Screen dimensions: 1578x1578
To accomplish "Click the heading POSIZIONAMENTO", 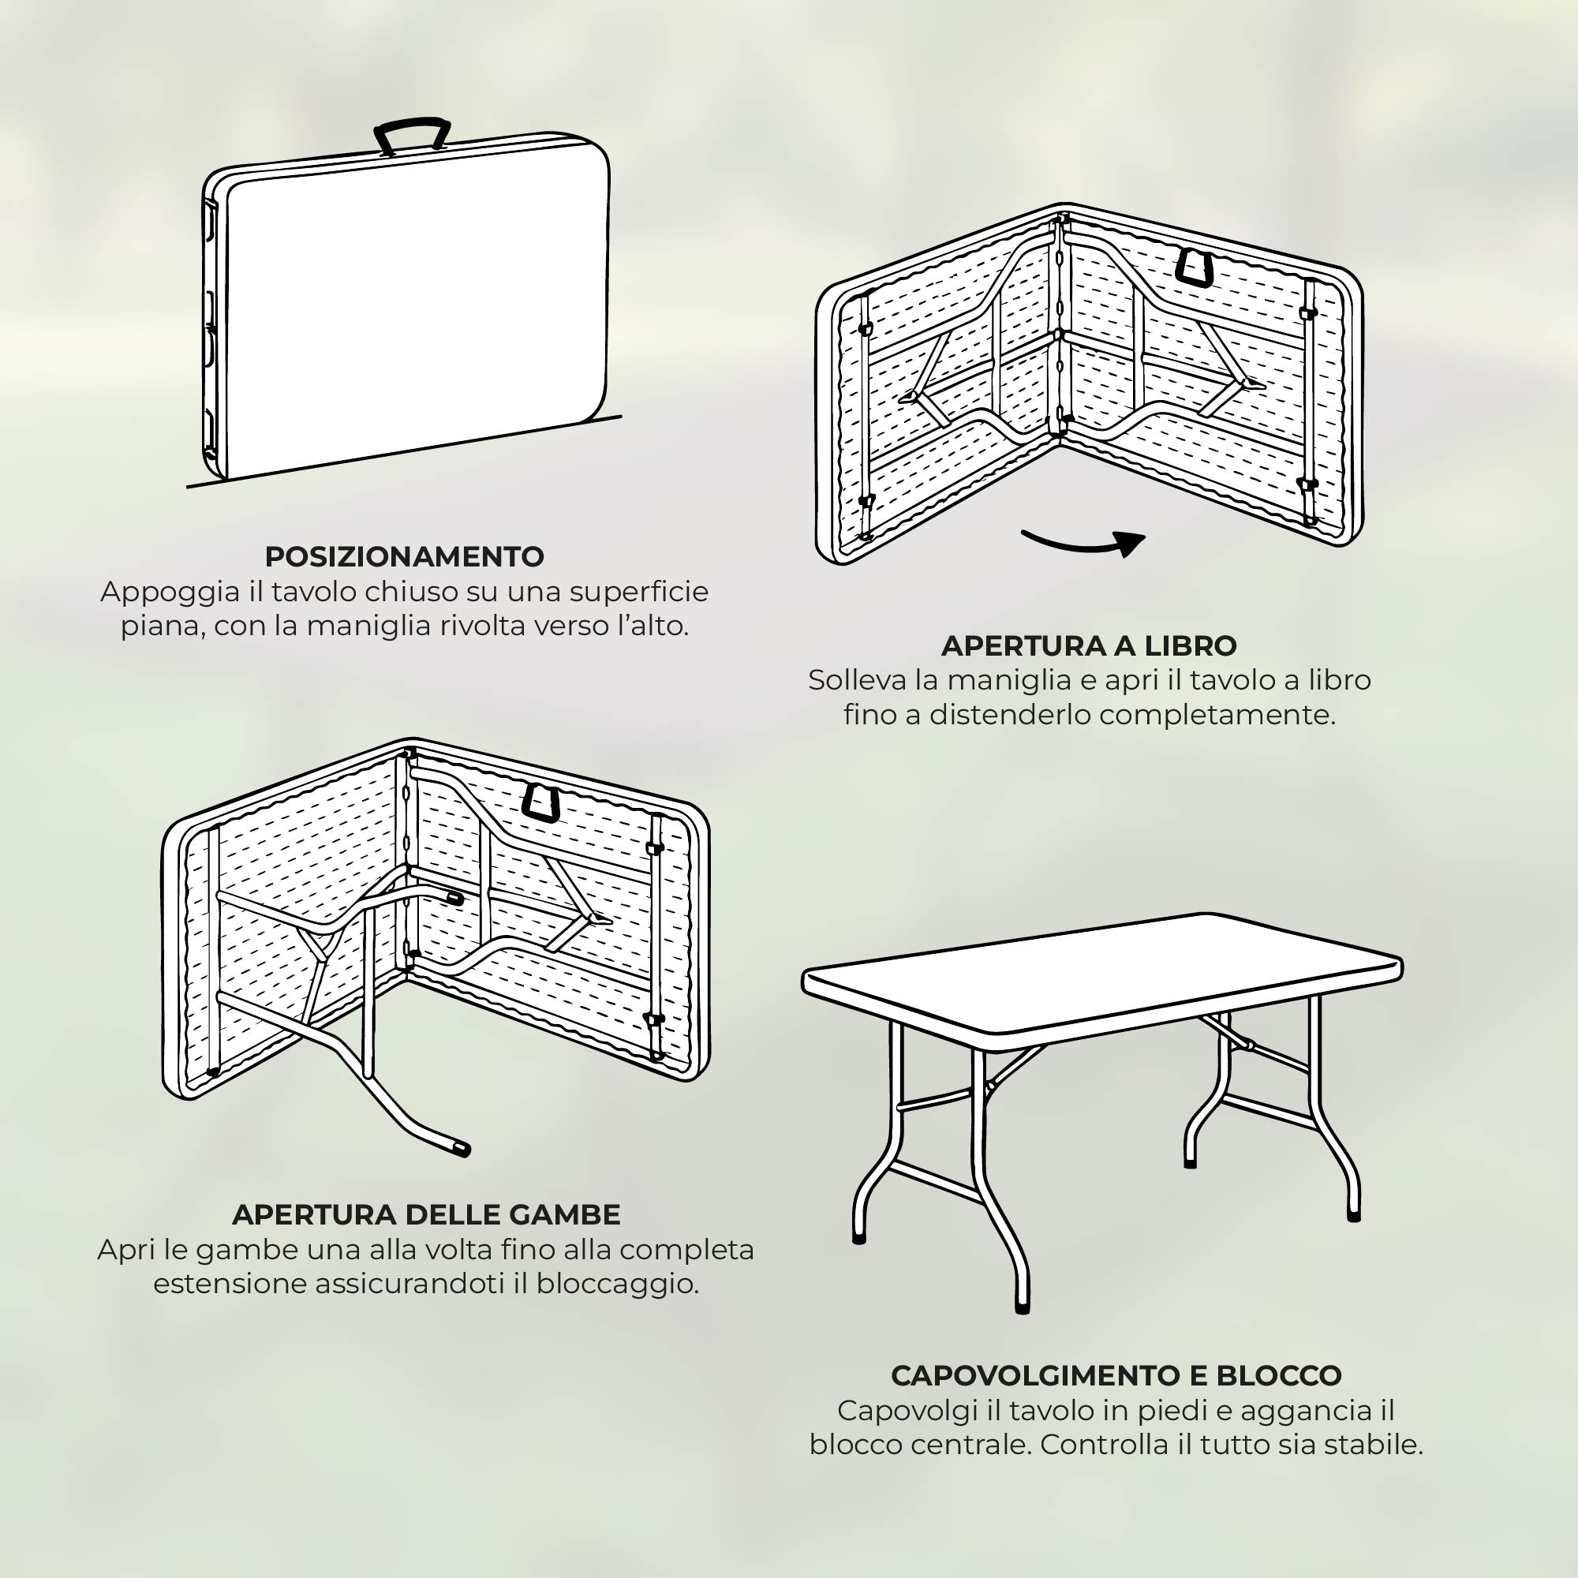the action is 404,556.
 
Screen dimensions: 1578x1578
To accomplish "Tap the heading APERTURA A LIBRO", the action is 1089,645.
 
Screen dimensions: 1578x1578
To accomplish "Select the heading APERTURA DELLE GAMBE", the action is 426,1214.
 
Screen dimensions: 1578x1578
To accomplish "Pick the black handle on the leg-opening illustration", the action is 540,803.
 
